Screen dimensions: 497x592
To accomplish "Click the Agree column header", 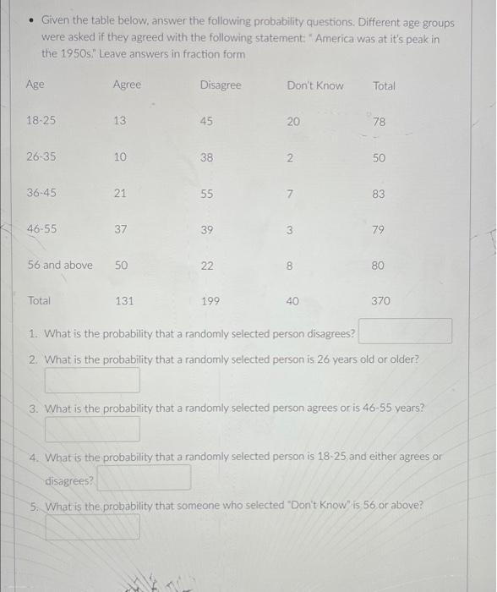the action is [127, 85].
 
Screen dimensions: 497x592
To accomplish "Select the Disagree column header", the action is [221, 85].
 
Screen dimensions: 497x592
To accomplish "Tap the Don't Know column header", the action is [315, 85].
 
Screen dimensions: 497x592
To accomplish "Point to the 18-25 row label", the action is [41, 121].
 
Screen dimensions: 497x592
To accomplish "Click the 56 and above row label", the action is [60, 265].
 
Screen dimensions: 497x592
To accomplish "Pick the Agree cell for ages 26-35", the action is [120, 157].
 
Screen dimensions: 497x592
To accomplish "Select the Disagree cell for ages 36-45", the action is [207, 194].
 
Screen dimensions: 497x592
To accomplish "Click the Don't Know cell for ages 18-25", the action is [293, 122].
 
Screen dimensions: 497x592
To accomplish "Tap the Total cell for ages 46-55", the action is [378, 229].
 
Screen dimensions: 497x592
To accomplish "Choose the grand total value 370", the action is [380, 300].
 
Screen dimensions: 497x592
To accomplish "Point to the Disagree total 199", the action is [210, 300].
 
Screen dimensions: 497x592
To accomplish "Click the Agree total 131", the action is [124, 300].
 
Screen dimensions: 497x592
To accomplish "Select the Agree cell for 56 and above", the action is [121, 265].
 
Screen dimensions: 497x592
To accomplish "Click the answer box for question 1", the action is [406, 332].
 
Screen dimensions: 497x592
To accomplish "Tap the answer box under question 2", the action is [93, 380].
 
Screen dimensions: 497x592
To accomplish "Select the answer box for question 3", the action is [93, 430].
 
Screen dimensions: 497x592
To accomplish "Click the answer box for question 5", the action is [93, 527].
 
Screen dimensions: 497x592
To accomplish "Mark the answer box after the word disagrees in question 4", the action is [144, 478].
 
